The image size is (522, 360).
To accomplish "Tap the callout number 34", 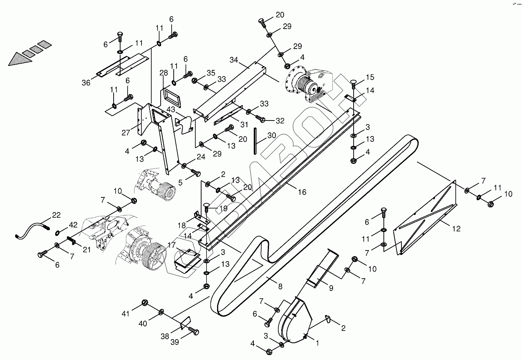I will coord(233,60).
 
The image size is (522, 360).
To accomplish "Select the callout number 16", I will coord(302,192).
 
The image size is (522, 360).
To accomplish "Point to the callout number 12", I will coord(456,229).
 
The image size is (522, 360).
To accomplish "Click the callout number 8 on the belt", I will coord(280,286).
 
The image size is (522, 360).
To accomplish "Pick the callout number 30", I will coord(271,136).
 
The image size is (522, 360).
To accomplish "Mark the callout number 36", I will coord(86,83).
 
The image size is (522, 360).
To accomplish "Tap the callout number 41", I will coord(125,314).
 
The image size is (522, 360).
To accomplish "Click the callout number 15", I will coord(370,77).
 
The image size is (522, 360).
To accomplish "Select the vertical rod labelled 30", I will coord(255,141).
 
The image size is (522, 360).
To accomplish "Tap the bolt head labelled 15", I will coord(354,83).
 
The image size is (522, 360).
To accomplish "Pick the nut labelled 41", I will coord(144,303).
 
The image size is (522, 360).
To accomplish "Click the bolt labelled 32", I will coord(261,119).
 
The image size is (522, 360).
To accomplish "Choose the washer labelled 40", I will coord(162,312).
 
